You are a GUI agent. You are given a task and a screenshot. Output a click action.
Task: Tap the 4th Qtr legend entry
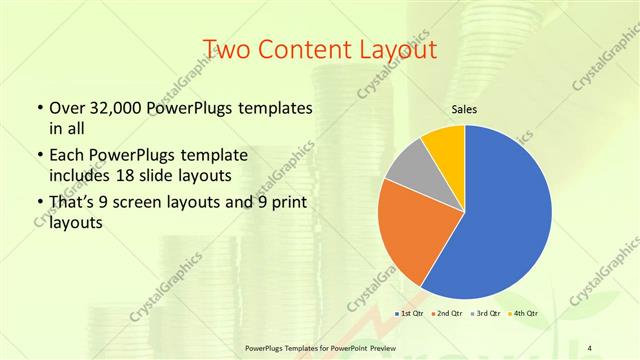[526, 313]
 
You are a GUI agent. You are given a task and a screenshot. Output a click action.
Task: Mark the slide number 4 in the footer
[591, 347]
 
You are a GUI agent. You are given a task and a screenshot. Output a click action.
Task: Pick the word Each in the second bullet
[66, 156]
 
